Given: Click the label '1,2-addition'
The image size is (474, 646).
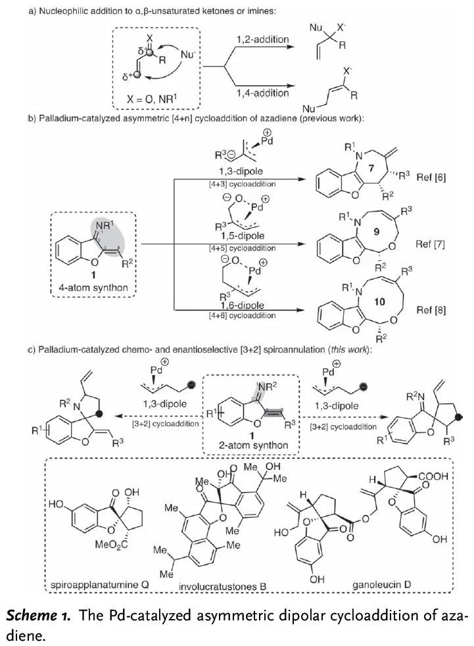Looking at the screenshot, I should pyautogui.click(x=262, y=40).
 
